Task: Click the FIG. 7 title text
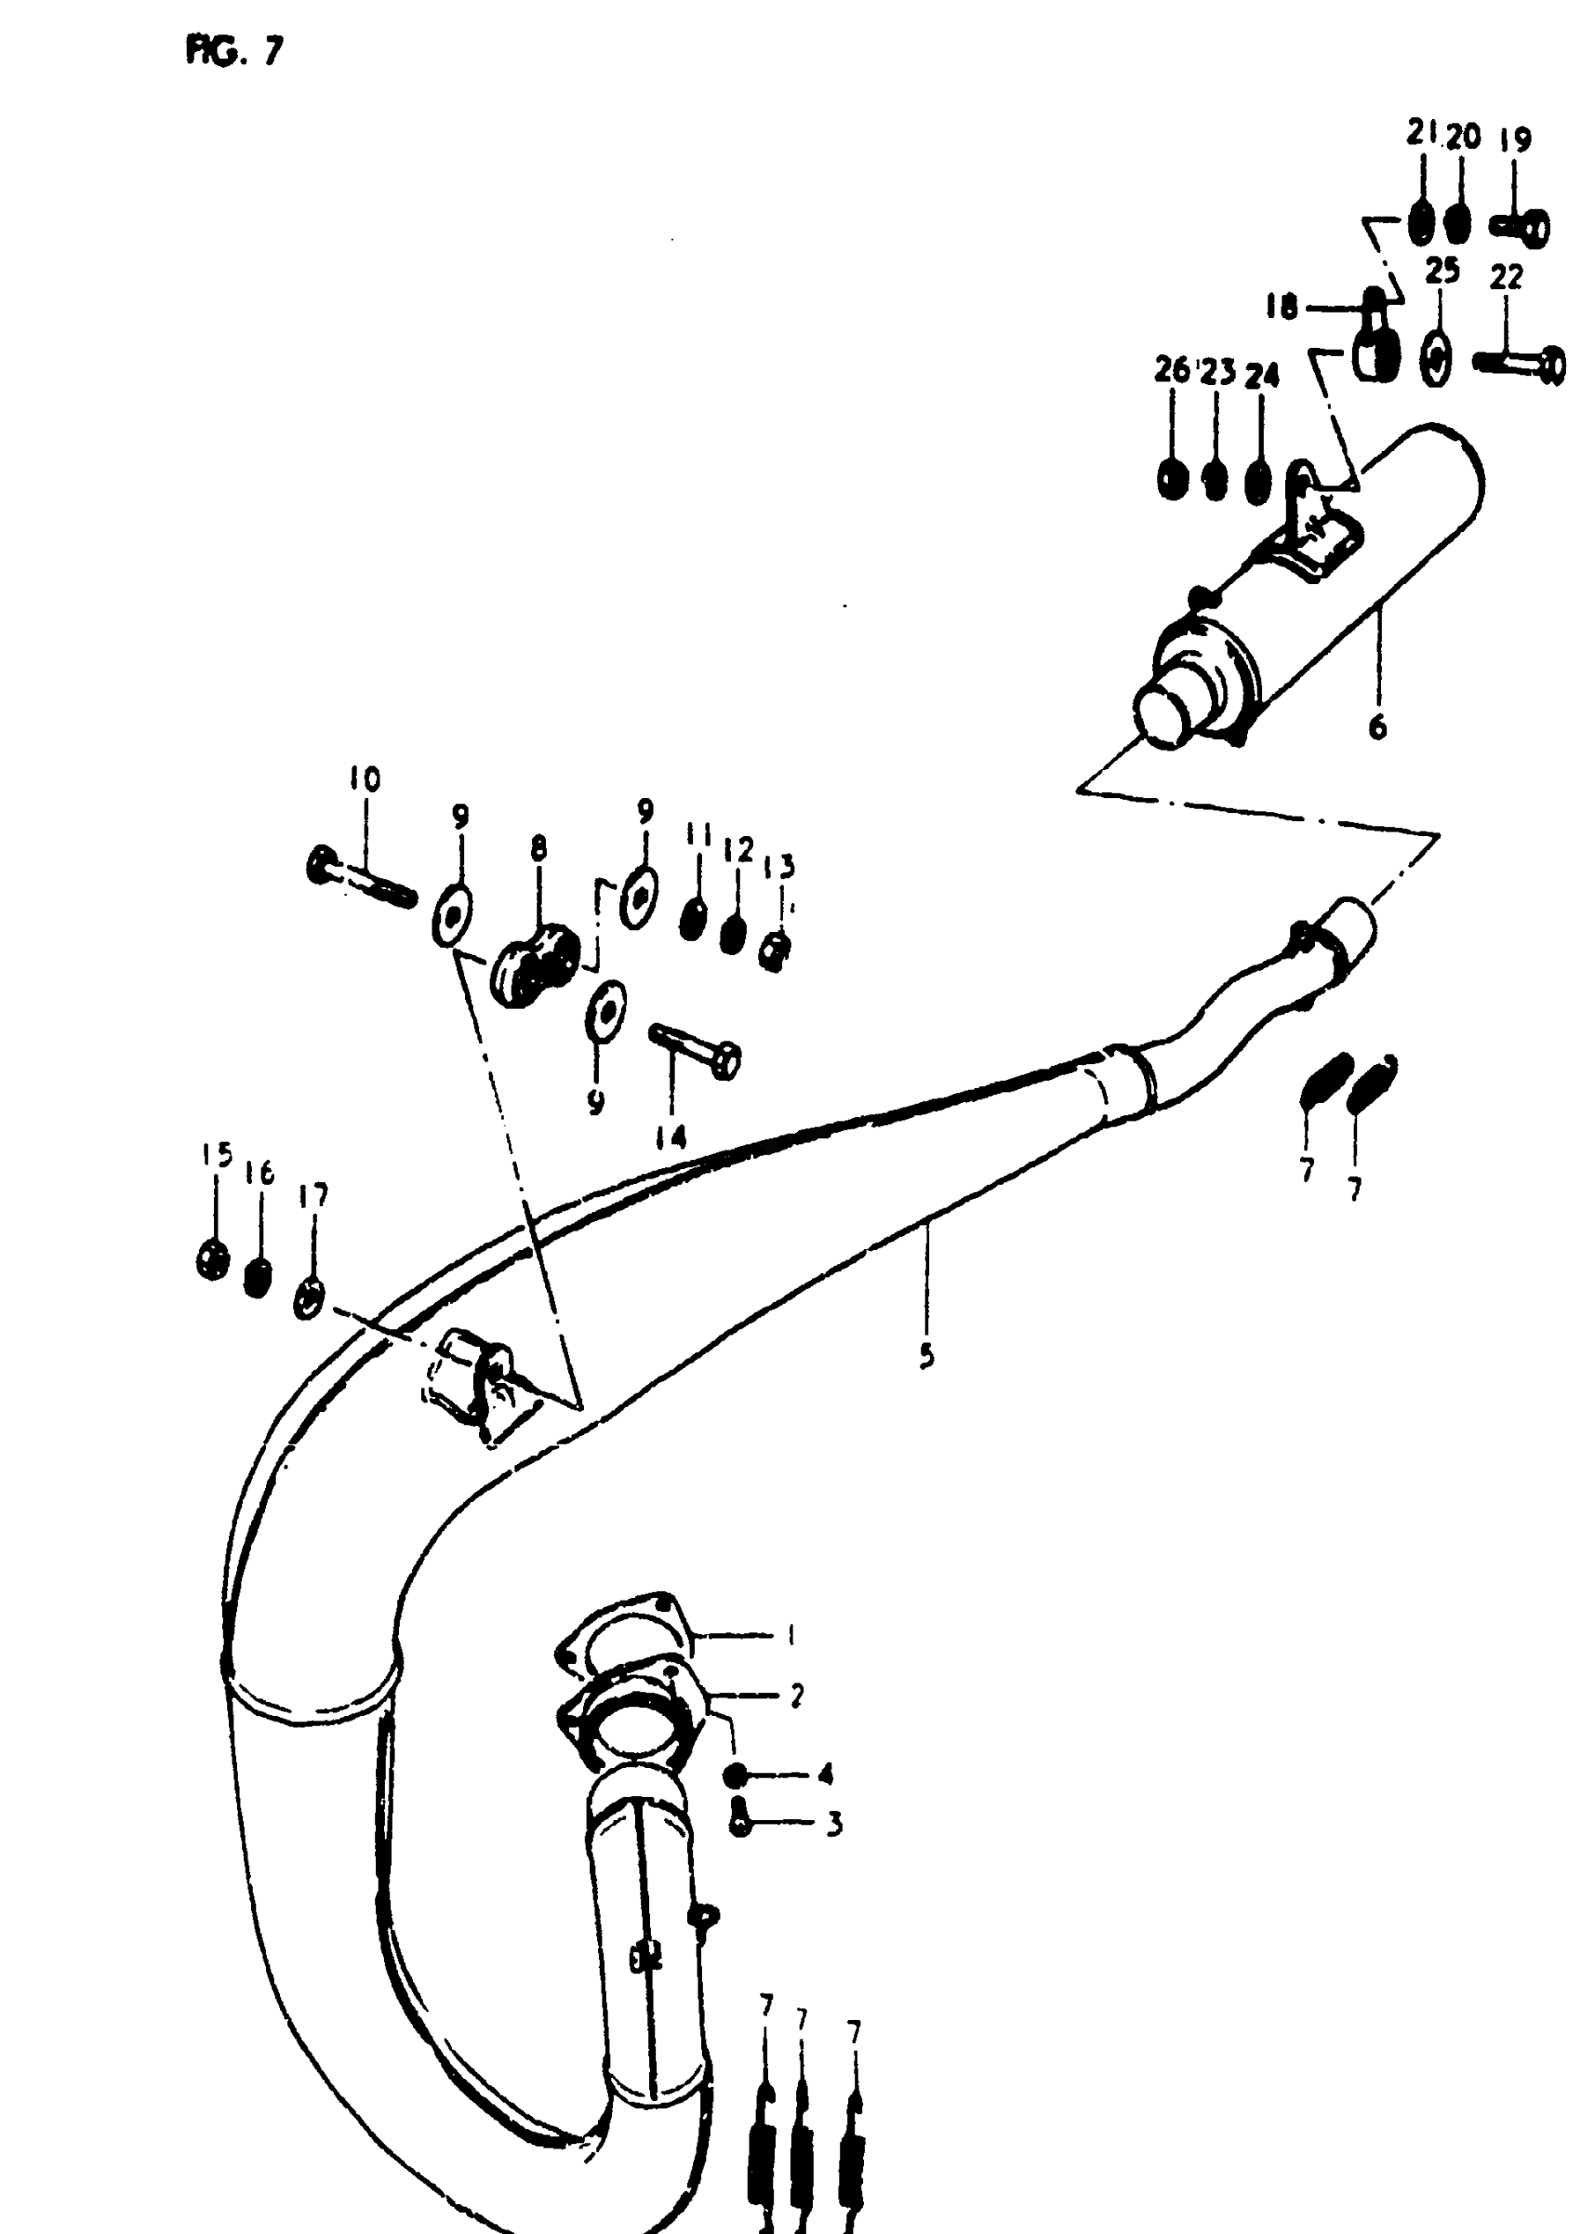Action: click(x=233, y=50)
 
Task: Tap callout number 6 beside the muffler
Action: click(x=1376, y=727)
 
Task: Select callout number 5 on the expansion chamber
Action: click(x=926, y=1354)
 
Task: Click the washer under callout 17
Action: click(x=309, y=1299)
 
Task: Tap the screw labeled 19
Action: click(x=1521, y=230)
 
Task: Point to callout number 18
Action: click(x=1282, y=309)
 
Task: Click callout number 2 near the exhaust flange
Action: click(x=796, y=1696)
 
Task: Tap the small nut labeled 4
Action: click(x=737, y=1775)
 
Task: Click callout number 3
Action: click(x=834, y=1823)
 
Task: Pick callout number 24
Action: click(x=1262, y=376)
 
